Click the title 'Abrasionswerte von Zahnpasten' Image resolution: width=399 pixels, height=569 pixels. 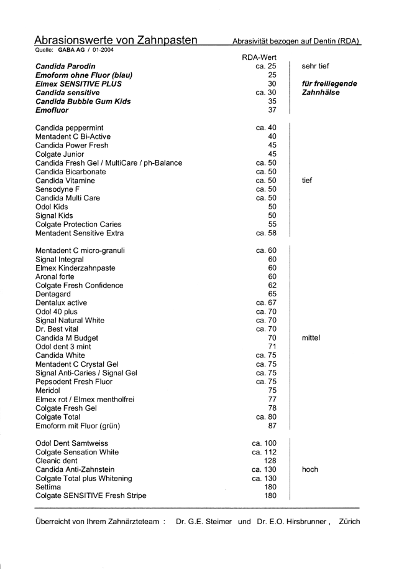pyautogui.click(x=116, y=40)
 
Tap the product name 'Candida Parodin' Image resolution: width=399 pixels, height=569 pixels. pyautogui.click(x=69, y=65)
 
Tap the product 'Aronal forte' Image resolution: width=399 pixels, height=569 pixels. pyautogui.click(x=58, y=276)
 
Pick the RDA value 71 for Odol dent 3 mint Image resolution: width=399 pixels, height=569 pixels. pyautogui.click(x=272, y=347)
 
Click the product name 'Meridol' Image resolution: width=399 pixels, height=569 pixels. pyautogui.click(x=50, y=391)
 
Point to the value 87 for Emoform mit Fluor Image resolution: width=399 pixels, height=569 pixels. pyautogui.click(x=272, y=426)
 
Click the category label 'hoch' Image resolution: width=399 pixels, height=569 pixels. pyautogui.click(x=310, y=469)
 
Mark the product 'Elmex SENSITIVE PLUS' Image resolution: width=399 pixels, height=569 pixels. pyautogui.click(x=78, y=83)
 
